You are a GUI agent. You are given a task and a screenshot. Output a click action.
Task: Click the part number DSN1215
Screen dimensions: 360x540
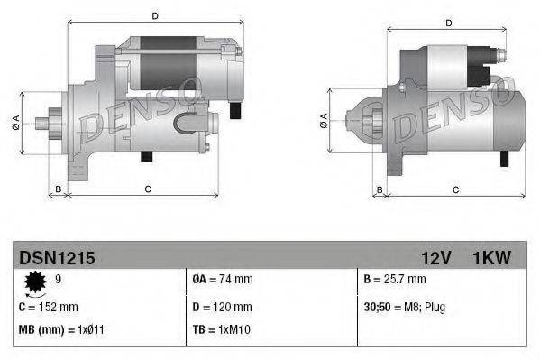pyautogui.click(x=57, y=258)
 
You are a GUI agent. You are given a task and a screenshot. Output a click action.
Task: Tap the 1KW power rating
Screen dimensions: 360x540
pyautogui.click(x=491, y=258)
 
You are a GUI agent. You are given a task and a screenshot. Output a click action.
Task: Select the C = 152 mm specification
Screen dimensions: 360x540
pyautogui.click(x=48, y=308)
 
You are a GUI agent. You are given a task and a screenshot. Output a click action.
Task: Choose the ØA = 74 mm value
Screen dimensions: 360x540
pyautogui.click(x=223, y=281)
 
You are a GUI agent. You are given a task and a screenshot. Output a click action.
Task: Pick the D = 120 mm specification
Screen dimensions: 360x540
pyautogui.click(x=222, y=308)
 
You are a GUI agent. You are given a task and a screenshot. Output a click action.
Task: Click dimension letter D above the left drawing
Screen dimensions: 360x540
pyautogui.click(x=155, y=16)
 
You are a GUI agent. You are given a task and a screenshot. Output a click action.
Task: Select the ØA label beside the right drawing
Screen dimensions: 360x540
pyautogui.click(x=323, y=119)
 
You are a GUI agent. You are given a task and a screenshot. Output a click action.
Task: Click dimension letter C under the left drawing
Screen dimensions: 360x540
pyautogui.click(x=146, y=189)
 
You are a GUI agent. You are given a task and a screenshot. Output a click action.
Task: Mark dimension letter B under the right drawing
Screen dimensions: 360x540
pyautogui.click(x=380, y=189)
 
